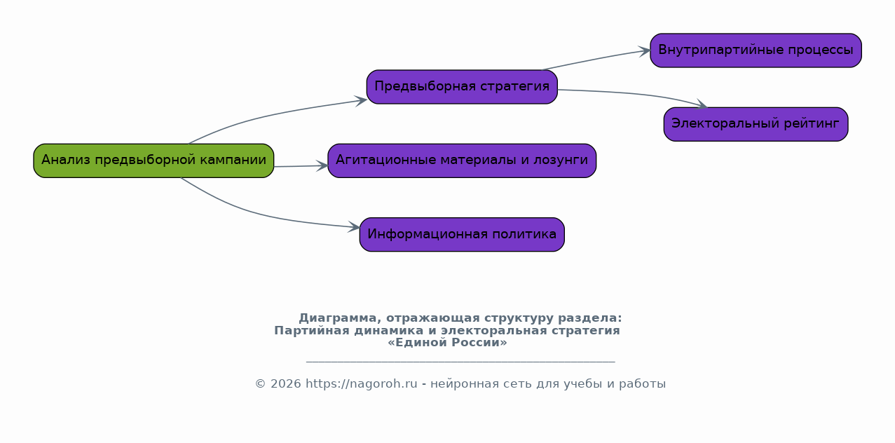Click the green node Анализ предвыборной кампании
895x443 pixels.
pos(153,161)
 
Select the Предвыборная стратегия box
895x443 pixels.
pos(462,87)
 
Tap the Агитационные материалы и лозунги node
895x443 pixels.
pos(462,161)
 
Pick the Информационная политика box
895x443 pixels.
pos(462,235)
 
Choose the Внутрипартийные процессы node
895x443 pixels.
pos(756,50)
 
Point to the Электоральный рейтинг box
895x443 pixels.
pos(756,124)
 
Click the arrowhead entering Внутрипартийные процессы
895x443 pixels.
pos(644,51)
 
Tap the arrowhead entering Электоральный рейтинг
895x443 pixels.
pos(702,104)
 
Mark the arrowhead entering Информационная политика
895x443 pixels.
pos(354,227)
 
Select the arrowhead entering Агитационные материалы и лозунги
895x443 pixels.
pos(322,166)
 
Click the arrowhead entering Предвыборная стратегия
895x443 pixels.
pos(361,100)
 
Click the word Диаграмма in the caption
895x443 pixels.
pos(338,318)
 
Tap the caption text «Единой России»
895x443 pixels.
pos(447,343)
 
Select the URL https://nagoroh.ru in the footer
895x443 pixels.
pos(361,384)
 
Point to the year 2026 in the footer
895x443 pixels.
pos(286,384)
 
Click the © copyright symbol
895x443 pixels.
pos(261,384)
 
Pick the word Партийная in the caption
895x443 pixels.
pos(312,331)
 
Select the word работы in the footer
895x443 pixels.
pos(642,384)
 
